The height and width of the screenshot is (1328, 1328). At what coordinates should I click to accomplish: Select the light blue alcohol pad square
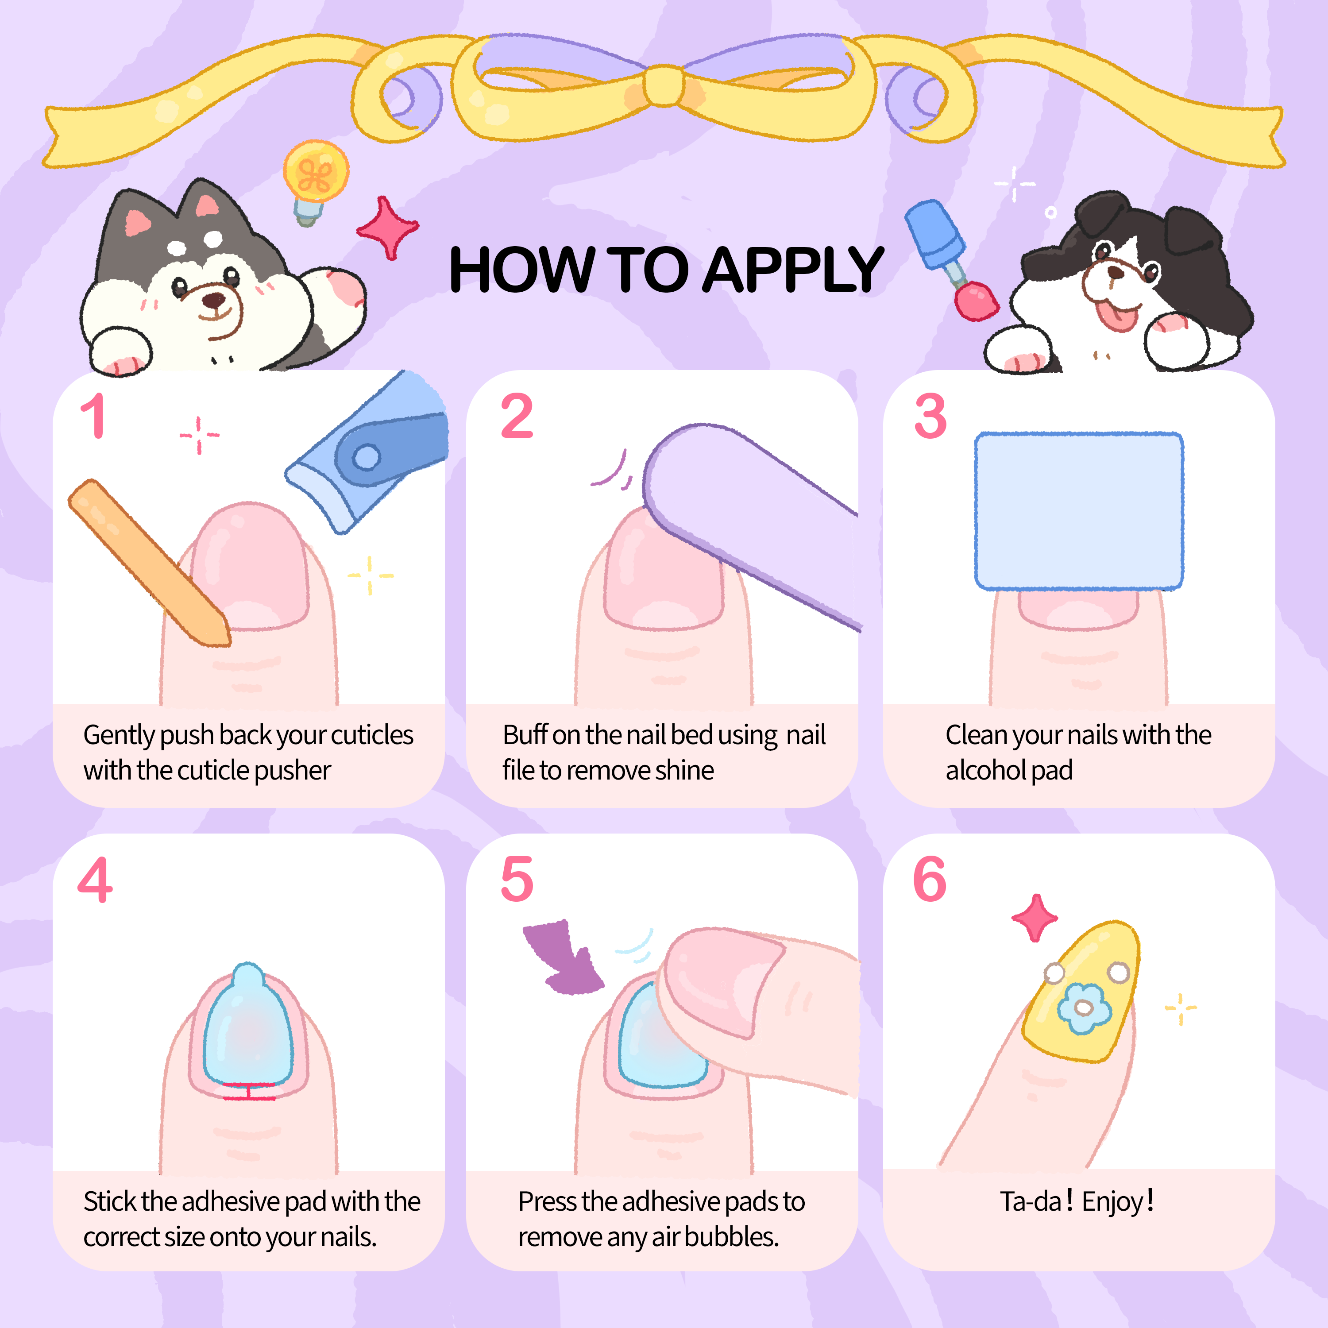[1078, 511]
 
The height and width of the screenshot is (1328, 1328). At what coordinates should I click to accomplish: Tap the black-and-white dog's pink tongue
[1117, 316]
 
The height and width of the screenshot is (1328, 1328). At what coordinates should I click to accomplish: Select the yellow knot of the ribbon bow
[663, 86]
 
